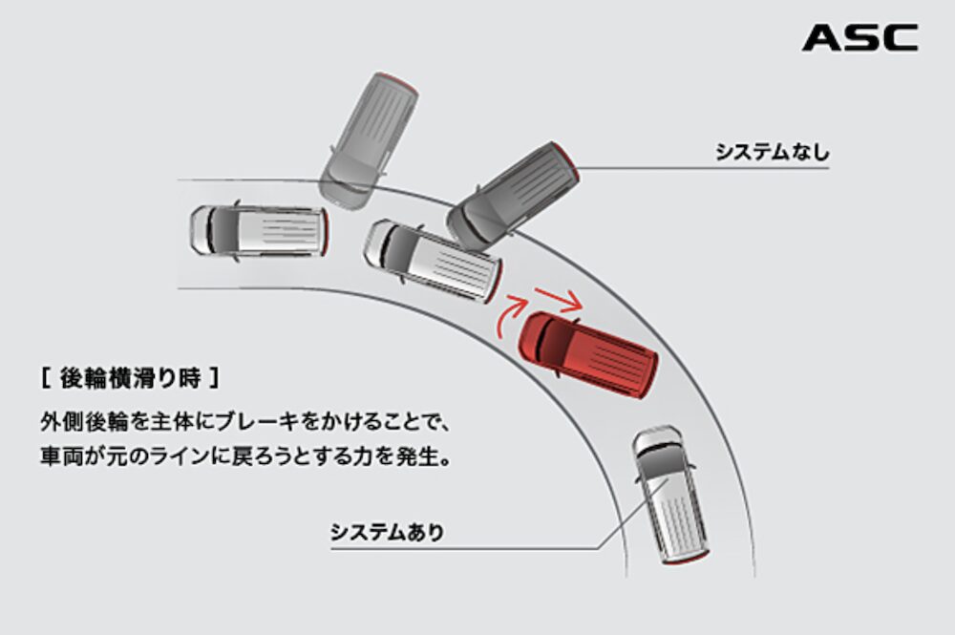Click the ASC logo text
[x=859, y=38]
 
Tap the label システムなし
[x=773, y=152]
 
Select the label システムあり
[x=387, y=532]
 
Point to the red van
[x=587, y=353]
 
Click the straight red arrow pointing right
[x=558, y=299]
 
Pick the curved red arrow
[x=507, y=315]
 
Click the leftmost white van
[x=259, y=230]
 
